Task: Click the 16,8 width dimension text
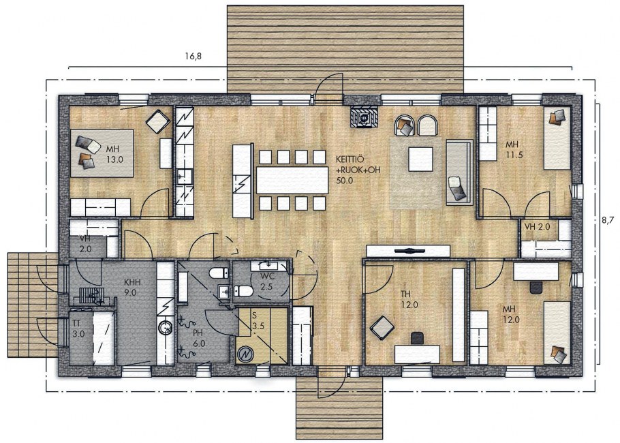click(x=193, y=56)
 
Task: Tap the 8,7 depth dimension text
click(x=609, y=220)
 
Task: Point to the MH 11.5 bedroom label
click(x=514, y=150)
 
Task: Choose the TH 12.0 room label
click(x=409, y=299)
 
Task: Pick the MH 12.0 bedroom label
click(x=511, y=314)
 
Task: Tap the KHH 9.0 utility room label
click(x=132, y=288)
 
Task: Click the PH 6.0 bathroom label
click(x=199, y=339)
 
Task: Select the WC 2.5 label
click(x=267, y=281)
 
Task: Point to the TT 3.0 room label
click(x=78, y=329)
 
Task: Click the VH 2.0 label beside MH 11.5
click(x=538, y=227)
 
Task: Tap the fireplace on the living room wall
click(x=364, y=116)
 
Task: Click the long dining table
click(x=292, y=180)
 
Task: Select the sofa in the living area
click(x=459, y=172)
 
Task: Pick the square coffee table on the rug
click(x=421, y=159)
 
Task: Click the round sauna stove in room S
click(x=245, y=354)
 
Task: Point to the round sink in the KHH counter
click(x=166, y=327)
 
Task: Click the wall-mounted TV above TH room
click(x=408, y=251)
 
